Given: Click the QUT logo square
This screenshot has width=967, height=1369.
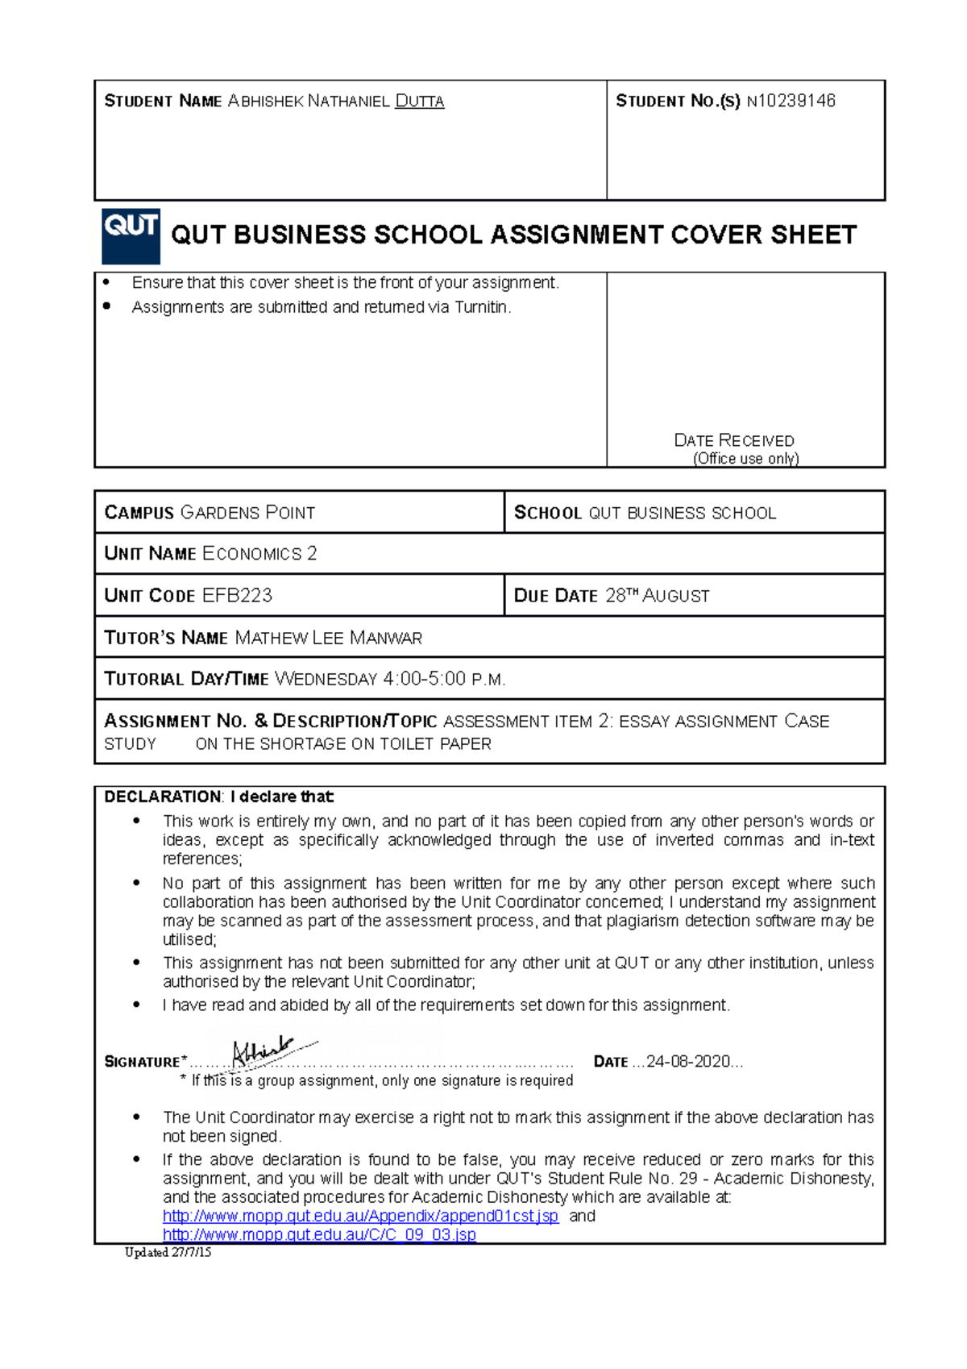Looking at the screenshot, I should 131,236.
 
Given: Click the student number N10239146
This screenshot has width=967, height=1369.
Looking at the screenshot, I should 791,101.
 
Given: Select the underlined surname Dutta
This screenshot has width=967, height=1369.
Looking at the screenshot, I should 419,102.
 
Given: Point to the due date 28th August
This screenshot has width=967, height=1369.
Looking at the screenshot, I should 657,596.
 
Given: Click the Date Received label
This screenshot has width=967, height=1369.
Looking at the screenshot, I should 733,441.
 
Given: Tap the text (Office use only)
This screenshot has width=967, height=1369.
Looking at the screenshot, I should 745,459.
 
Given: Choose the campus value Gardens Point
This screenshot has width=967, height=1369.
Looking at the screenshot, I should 247,513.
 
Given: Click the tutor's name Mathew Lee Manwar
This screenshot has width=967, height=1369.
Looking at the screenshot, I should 328,638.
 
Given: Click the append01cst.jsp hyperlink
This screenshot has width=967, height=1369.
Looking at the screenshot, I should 360,1216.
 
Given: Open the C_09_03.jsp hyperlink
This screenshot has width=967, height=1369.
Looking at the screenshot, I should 319,1235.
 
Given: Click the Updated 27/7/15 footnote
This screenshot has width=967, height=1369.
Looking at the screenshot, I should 168,1252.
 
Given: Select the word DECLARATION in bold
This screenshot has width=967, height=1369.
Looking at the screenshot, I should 162,797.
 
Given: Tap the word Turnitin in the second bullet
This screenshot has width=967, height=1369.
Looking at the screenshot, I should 481,307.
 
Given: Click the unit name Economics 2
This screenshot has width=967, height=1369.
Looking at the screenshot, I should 259,554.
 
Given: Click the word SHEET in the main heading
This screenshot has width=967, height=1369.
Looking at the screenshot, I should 813,235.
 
